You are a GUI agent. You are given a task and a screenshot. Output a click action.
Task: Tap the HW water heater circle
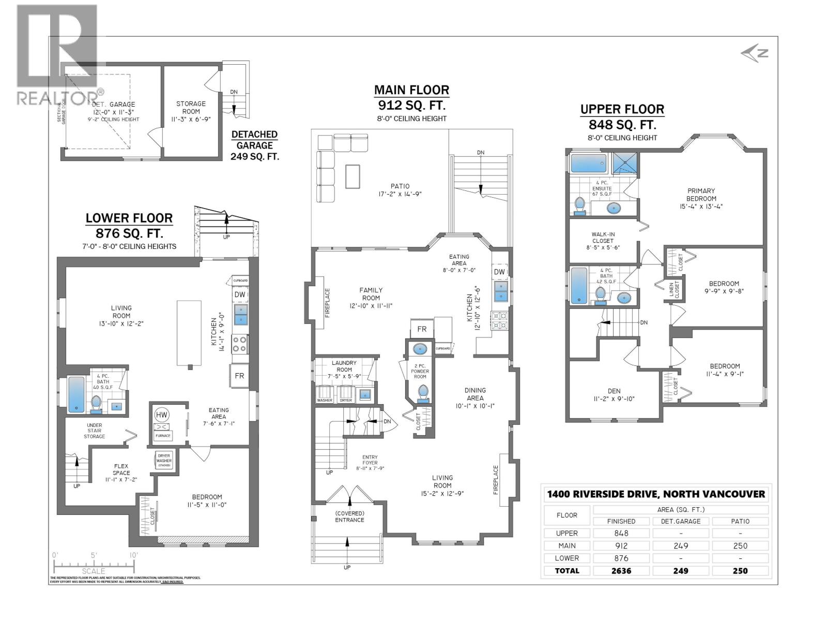pyautogui.click(x=161, y=415)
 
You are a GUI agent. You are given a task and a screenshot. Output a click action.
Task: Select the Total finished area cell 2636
pyautogui.click(x=621, y=570)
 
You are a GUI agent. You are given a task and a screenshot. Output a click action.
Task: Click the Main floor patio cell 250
pyautogui.click(x=740, y=545)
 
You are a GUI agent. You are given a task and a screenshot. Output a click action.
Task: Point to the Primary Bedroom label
pyautogui.click(x=701, y=195)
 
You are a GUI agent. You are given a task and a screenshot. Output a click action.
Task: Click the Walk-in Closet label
pyautogui.click(x=603, y=241)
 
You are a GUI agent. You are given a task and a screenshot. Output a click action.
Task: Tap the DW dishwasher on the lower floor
pyautogui.click(x=240, y=294)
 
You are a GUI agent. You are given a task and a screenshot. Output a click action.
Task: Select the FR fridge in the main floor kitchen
pyautogui.click(x=422, y=329)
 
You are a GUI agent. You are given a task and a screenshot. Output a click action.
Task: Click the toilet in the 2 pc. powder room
pyautogui.click(x=423, y=393)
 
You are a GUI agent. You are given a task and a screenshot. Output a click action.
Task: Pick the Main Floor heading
pyautogui.click(x=411, y=90)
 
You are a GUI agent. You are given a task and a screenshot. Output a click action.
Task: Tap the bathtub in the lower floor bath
pyautogui.click(x=76, y=394)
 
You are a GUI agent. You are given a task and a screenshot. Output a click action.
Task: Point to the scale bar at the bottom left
pyautogui.click(x=94, y=564)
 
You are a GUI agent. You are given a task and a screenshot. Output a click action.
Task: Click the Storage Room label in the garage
pyautogui.click(x=191, y=107)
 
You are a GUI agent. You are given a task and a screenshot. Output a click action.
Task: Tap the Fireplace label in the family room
pyautogui.click(x=327, y=303)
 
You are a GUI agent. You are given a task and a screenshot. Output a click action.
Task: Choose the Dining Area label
pyautogui.click(x=474, y=394)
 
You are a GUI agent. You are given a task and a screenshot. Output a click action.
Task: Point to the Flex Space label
pyautogui.click(x=121, y=469)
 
